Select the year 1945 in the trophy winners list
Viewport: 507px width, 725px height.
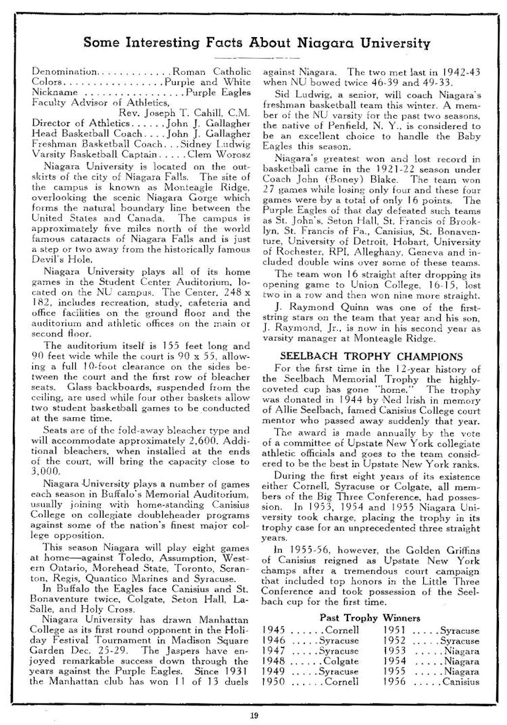(274, 629)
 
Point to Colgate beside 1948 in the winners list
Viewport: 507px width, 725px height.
(341, 661)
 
